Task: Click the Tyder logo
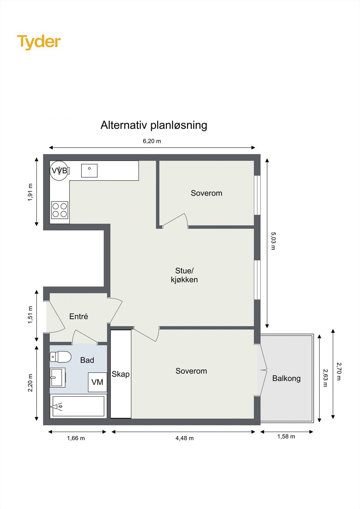[39, 42]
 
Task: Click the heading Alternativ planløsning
[154, 125]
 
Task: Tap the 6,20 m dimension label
[152, 141]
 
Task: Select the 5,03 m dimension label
[273, 241]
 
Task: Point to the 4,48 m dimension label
[184, 438]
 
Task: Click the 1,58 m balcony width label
[286, 436]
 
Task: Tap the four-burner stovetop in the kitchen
[60, 210]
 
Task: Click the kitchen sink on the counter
[89, 171]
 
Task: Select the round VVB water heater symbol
[59, 171]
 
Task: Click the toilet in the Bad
[60, 357]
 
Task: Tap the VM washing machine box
[97, 382]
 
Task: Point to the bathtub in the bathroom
[78, 406]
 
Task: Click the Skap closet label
[120, 374]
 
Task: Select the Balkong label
[286, 378]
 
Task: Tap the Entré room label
[79, 317]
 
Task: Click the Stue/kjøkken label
[184, 275]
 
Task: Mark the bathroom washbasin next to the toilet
[58, 377]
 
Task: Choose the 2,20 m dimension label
[31, 383]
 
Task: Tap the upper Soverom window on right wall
[258, 195]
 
